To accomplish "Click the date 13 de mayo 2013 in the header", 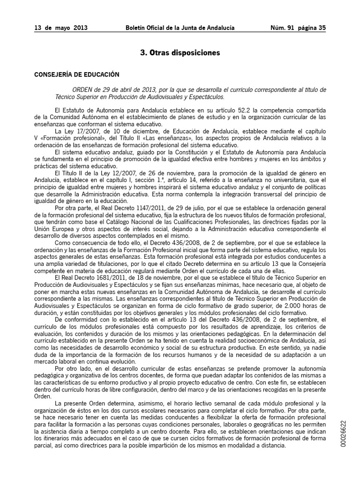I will click(x=61, y=28).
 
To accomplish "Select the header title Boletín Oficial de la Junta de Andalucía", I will click(x=180, y=28).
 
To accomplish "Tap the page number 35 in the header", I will click(x=322, y=28).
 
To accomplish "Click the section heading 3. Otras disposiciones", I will click(x=180, y=53).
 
